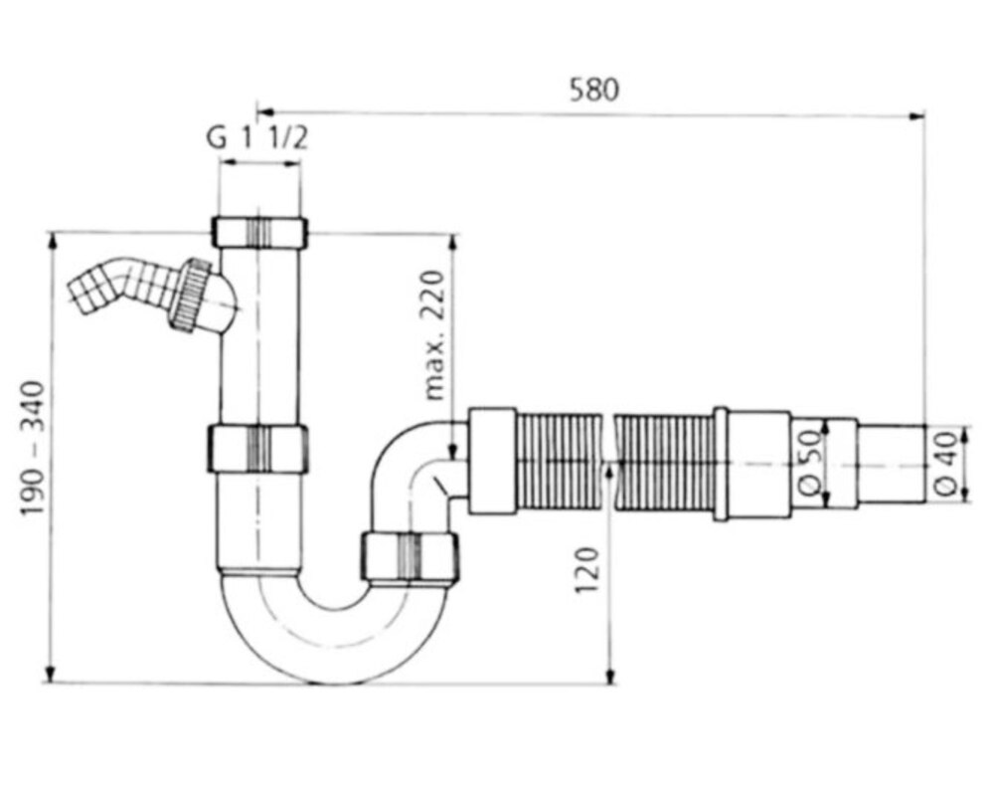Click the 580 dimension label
point(593,90)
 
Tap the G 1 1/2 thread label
point(257,137)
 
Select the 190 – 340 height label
point(33,448)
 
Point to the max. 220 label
point(434,336)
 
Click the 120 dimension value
point(586,570)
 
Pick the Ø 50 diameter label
point(811,463)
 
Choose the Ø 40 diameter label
point(946,464)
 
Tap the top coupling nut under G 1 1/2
point(259,232)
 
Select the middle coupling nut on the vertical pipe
point(258,449)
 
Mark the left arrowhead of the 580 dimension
point(265,112)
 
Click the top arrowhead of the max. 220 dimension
point(453,244)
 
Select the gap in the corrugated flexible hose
point(608,461)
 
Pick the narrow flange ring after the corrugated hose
point(720,464)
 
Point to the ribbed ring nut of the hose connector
point(189,294)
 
